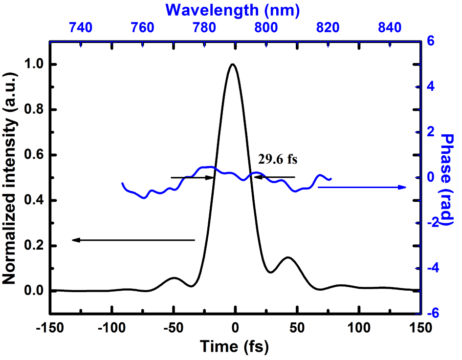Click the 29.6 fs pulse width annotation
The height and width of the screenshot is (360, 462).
pyautogui.click(x=278, y=159)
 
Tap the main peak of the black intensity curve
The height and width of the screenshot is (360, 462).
pyautogui.click(x=233, y=64)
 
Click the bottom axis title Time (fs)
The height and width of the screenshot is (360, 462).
pyautogui.click(x=235, y=347)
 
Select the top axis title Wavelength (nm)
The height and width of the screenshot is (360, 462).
pyautogui.click(x=232, y=9)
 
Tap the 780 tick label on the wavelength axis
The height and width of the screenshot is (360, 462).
pyautogui.click(x=204, y=28)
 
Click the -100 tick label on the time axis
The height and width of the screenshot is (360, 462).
pyautogui.click(x=111, y=326)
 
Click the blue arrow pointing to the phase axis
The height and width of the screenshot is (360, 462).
pyautogui.click(x=362, y=187)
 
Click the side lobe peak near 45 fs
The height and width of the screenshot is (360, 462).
pyautogui.click(x=288, y=257)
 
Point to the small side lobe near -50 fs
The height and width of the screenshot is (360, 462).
pyautogui.click(x=174, y=278)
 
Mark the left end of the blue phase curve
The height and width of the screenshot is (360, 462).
pyautogui.click(x=122, y=184)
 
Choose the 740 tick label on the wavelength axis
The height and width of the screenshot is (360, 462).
pyautogui.click(x=81, y=28)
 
